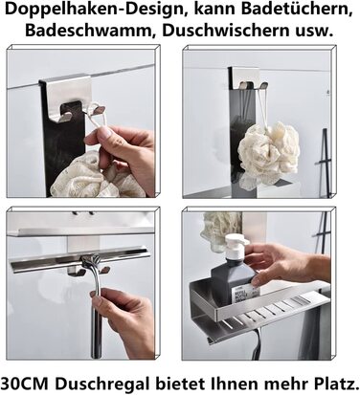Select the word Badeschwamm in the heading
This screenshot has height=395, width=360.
click(90, 31)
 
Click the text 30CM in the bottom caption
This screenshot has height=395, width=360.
click(24, 383)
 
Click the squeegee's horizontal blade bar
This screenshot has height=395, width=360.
click(79, 259)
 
